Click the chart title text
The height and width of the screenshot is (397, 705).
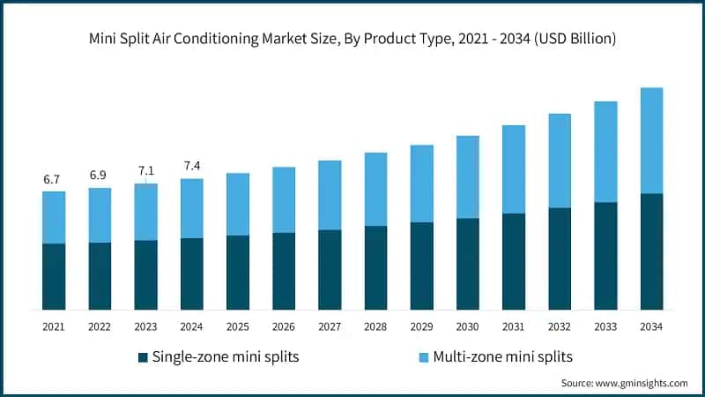[352, 40]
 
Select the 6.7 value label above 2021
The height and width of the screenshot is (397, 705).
[54, 180]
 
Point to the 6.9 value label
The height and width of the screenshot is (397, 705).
[100, 176]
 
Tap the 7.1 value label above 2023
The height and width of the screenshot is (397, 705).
[145, 170]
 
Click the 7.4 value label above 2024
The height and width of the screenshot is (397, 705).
[191, 166]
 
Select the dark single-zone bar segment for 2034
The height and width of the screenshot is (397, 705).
[650, 251]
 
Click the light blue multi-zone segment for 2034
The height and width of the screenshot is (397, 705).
[650, 140]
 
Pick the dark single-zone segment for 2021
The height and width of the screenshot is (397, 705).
[54, 276]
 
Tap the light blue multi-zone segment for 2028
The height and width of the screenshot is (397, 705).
[375, 189]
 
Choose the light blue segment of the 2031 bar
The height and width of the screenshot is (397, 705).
[513, 169]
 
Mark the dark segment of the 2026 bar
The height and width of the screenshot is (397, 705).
[284, 271]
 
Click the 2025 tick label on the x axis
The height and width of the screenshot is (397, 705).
[237, 327]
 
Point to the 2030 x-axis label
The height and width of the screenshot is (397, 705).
[467, 327]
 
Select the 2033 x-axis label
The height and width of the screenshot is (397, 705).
[605, 327]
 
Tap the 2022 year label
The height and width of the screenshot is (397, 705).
[100, 327]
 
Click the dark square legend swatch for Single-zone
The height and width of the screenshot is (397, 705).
[143, 357]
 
